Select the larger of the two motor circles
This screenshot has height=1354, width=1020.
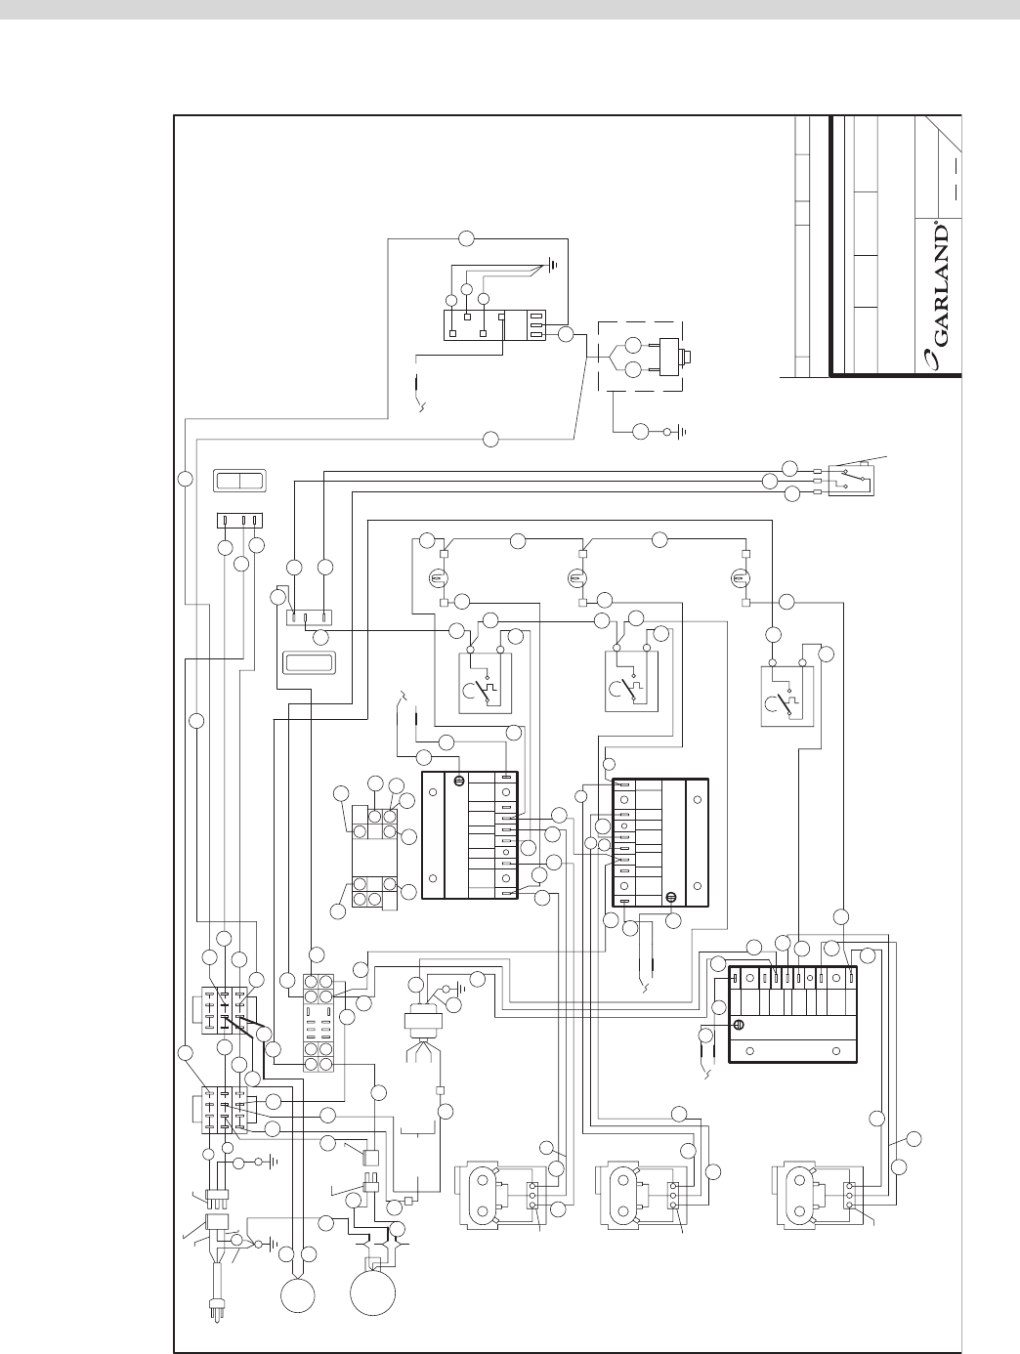click(372, 1290)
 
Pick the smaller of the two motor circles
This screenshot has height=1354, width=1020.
click(297, 1295)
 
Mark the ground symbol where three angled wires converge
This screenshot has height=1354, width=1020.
click(553, 264)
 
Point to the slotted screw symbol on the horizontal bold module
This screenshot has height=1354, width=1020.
click(740, 1026)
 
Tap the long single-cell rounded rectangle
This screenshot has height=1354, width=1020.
click(310, 663)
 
